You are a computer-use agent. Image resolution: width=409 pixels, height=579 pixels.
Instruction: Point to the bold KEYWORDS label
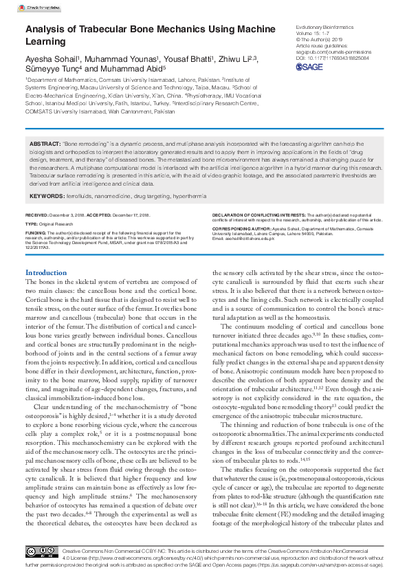tap(46, 197)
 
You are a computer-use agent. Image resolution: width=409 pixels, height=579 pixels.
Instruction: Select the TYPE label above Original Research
tap(32, 224)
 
